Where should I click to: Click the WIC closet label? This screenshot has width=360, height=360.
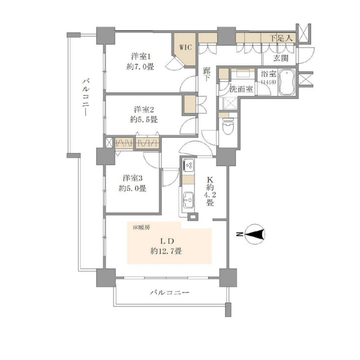click(185, 47)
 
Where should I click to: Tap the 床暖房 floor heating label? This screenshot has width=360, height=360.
click(141, 227)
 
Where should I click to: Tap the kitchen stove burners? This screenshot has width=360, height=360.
click(188, 166)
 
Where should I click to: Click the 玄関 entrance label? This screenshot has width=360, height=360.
click(281, 58)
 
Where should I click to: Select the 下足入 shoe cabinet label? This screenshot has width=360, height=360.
click(282, 38)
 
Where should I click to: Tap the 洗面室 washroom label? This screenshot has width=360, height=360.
click(241, 88)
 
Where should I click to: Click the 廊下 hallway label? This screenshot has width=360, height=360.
click(207, 76)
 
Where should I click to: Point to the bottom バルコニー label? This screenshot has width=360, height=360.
click(170, 293)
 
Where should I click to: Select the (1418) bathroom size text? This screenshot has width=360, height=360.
click(268, 82)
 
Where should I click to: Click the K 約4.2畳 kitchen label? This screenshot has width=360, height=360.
click(210, 191)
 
